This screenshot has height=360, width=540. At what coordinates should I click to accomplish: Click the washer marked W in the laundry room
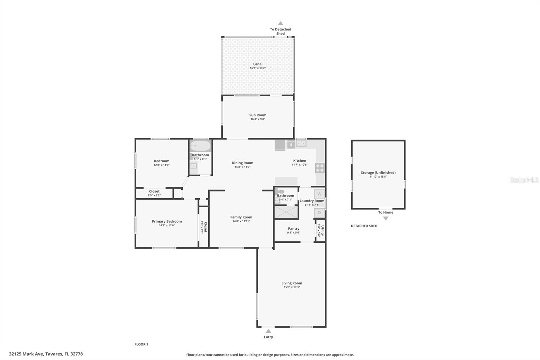point(319,194)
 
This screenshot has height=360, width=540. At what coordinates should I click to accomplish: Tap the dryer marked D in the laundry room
point(319,213)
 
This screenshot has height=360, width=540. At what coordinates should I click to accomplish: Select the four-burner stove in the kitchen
point(320,168)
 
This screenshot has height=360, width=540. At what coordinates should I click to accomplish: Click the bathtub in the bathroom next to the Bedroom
point(200,146)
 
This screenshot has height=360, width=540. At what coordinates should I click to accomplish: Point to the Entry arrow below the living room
point(268,331)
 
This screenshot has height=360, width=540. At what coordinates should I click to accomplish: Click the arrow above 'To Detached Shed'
point(280,23)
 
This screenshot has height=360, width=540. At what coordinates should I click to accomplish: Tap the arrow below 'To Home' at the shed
point(386,218)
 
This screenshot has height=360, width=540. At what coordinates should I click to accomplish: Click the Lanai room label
point(258,64)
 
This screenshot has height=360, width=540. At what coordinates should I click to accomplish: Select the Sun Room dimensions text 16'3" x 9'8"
point(258,119)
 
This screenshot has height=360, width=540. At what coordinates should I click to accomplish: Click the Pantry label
point(294,229)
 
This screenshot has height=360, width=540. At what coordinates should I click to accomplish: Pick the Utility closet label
point(323,230)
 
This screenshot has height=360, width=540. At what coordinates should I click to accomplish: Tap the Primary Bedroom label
point(167,221)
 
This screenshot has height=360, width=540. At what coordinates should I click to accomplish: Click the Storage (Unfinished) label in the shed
point(378,173)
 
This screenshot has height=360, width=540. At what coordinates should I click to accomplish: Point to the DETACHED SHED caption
point(364,226)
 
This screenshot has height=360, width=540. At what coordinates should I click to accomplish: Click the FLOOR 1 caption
point(141,344)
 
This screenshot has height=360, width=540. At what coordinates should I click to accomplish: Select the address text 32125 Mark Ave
point(26,354)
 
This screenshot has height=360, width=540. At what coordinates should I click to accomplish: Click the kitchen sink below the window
point(301,143)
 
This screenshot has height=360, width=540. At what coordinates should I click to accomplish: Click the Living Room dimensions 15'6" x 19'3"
point(292,287)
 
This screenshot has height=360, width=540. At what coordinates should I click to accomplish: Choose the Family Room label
point(241,217)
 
